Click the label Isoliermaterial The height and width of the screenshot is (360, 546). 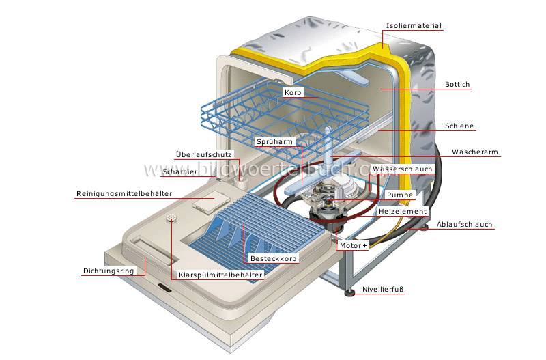click(414, 26)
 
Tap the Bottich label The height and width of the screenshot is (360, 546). click(457, 85)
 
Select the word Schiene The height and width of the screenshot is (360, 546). click(459, 126)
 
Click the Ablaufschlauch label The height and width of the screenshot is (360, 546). click(465, 224)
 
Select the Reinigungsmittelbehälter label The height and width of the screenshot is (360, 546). click(124, 194)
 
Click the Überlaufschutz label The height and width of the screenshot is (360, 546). click(203, 154)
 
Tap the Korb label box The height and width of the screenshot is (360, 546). click(292, 92)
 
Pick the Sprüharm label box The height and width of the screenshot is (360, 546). click(274, 141)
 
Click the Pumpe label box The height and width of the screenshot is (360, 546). click(399, 195)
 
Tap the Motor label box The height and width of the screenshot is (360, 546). click(352, 245)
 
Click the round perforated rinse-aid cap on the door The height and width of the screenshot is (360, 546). click(169, 219)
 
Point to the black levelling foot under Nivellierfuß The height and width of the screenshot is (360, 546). click(350, 295)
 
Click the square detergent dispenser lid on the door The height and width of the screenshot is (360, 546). click(204, 203)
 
